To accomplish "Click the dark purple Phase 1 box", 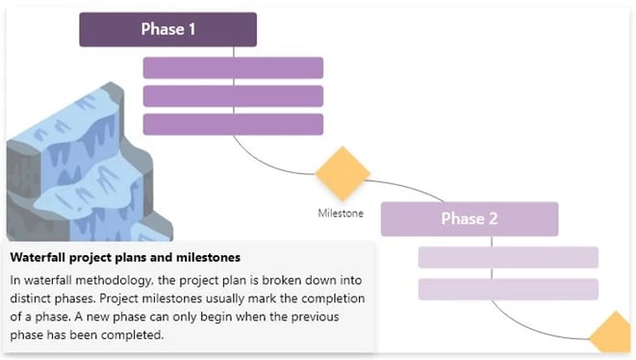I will point(167,29).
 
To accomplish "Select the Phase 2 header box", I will point(469,219).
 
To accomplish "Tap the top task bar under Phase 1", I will point(233,67).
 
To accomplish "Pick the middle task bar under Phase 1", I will point(233,96).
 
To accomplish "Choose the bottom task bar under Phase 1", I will point(233,124).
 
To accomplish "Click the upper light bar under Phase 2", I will point(508,257).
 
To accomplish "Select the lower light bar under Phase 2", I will point(508,289).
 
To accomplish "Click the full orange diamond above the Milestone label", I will point(343,174).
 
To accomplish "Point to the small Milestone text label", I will point(341,213).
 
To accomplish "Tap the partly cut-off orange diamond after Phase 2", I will point(614,339).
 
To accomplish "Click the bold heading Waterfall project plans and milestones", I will point(125,258).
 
